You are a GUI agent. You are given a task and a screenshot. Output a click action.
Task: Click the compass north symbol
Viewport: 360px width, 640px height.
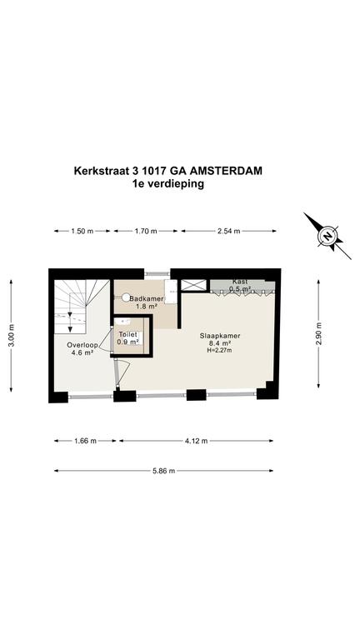pos(327,236)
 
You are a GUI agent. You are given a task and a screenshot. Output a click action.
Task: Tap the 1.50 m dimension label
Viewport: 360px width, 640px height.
pos(82,231)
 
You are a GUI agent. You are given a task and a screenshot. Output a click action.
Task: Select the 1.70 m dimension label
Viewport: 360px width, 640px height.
pos(146,231)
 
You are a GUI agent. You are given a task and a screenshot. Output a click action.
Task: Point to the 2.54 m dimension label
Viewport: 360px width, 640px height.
pos(228,231)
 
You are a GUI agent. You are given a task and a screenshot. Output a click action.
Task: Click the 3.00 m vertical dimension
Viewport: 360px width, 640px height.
pos(11,335)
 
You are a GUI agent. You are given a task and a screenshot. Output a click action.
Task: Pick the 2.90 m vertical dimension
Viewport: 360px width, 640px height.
pos(319,333)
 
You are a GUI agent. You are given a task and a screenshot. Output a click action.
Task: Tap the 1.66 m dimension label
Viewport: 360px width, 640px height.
pos(86,441)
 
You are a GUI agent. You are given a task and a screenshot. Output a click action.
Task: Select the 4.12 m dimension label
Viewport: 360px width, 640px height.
pos(196,441)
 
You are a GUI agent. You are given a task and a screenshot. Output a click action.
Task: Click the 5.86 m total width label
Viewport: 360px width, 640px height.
pos(163,471)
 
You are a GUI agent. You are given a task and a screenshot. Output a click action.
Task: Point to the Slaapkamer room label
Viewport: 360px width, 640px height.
pos(220,336)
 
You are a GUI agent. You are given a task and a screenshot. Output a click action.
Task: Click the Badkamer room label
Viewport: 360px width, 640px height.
pos(147,299)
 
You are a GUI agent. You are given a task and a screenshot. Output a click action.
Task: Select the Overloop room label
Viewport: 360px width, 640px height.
pos(82,345)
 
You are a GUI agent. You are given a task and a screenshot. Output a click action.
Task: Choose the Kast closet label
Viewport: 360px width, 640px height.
pos(240,282)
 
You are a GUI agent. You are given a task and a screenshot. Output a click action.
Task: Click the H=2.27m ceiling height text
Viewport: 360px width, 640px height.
pos(220,350)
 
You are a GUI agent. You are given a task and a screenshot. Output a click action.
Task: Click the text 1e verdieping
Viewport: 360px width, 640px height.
pos(167,183)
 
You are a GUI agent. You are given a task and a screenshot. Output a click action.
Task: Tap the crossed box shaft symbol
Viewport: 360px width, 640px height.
pos(193,285)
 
